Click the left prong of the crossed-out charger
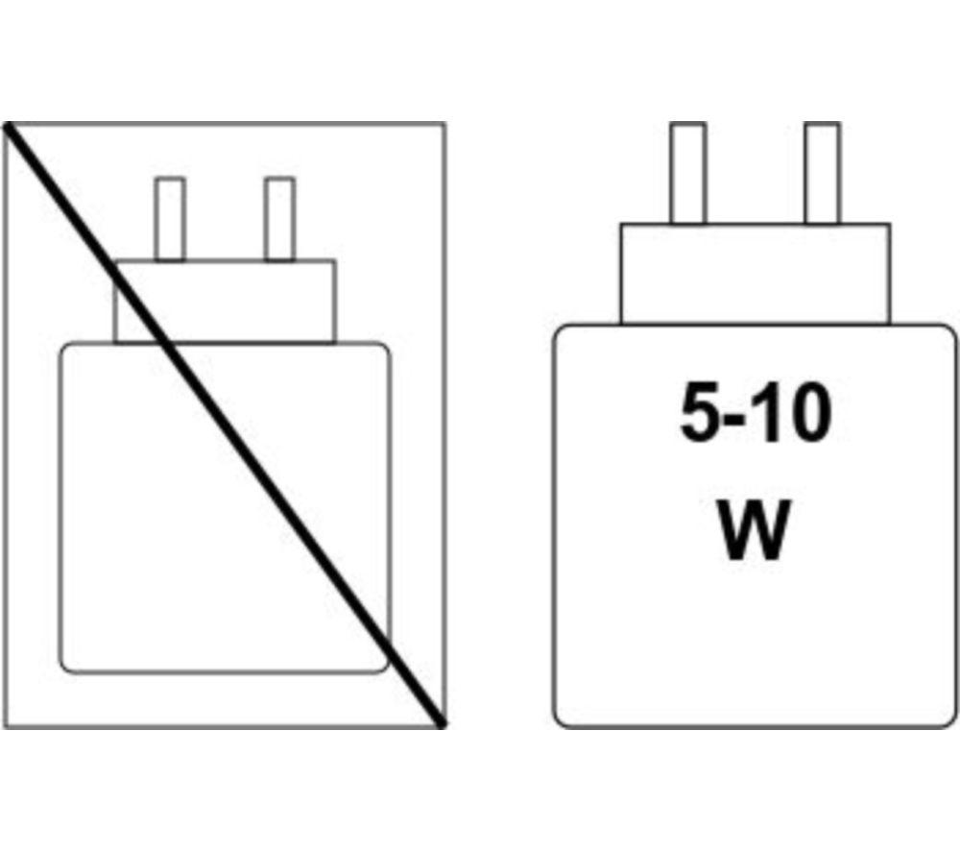click(x=170, y=219)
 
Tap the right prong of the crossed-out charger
click(x=279, y=219)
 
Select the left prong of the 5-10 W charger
click(x=687, y=173)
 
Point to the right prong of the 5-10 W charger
click(x=823, y=173)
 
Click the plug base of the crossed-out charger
click(x=225, y=302)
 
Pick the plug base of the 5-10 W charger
click(x=755, y=274)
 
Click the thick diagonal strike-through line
click(x=224, y=426)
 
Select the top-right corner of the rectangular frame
click(x=445, y=123)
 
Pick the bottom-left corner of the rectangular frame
click(x=4, y=728)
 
